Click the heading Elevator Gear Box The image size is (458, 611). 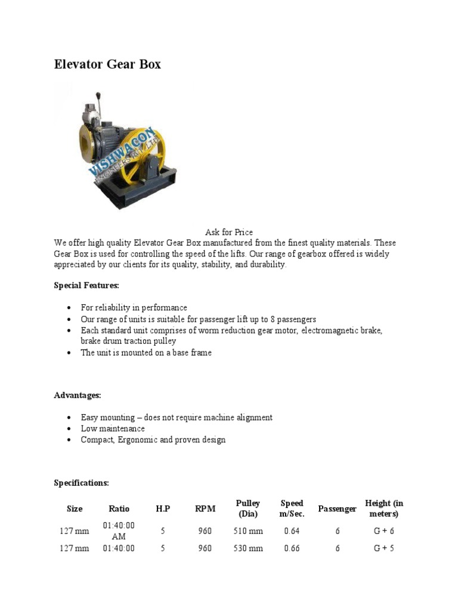(107, 64)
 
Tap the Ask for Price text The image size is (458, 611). (229, 232)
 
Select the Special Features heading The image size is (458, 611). (86, 286)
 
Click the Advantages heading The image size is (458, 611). (78, 396)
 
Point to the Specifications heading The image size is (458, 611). (82, 483)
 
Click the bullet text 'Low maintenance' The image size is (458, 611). (113, 428)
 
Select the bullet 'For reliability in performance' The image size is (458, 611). (134, 308)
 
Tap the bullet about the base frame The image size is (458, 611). (146, 353)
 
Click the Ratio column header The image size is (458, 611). (119, 509)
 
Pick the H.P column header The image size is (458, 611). (163, 509)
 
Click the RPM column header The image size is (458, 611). (205, 509)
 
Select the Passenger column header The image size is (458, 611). (337, 509)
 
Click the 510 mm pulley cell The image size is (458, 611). (248, 531)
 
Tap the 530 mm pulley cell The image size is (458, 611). (248, 548)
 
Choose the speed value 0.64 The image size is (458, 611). (292, 531)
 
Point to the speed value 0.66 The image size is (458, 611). (292, 548)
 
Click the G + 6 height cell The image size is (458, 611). (384, 531)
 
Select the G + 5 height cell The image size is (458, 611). (384, 548)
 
